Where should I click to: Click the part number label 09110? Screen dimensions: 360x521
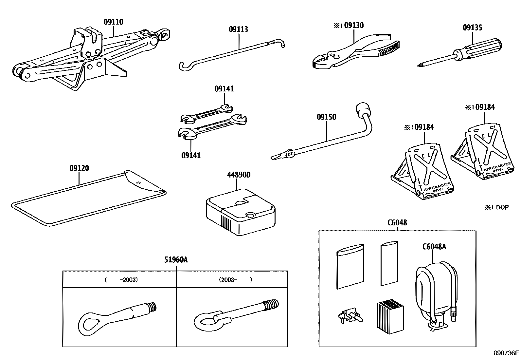click(113, 22)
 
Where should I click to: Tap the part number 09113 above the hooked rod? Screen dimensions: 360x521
click(238, 29)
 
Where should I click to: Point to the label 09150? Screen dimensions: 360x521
click(326, 117)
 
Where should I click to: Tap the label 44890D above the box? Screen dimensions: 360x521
click(239, 175)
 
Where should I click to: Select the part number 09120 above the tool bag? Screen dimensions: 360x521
click(79, 168)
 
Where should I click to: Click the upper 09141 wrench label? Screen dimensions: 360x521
click(224, 89)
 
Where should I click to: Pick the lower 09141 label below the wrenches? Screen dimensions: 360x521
click(191, 155)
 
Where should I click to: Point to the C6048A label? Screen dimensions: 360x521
click(434, 247)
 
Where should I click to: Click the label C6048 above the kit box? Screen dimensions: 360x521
click(397, 223)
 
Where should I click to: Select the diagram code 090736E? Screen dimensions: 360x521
click(506, 353)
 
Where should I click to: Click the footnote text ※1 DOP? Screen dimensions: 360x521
click(497, 207)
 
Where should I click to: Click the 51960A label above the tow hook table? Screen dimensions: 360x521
click(176, 260)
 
